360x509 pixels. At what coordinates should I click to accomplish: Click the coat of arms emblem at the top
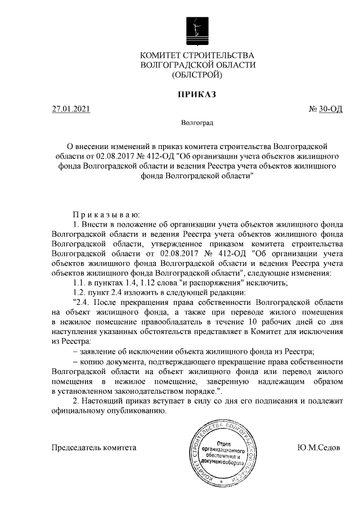click(196, 29)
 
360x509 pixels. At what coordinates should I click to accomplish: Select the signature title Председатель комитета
click(94, 448)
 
